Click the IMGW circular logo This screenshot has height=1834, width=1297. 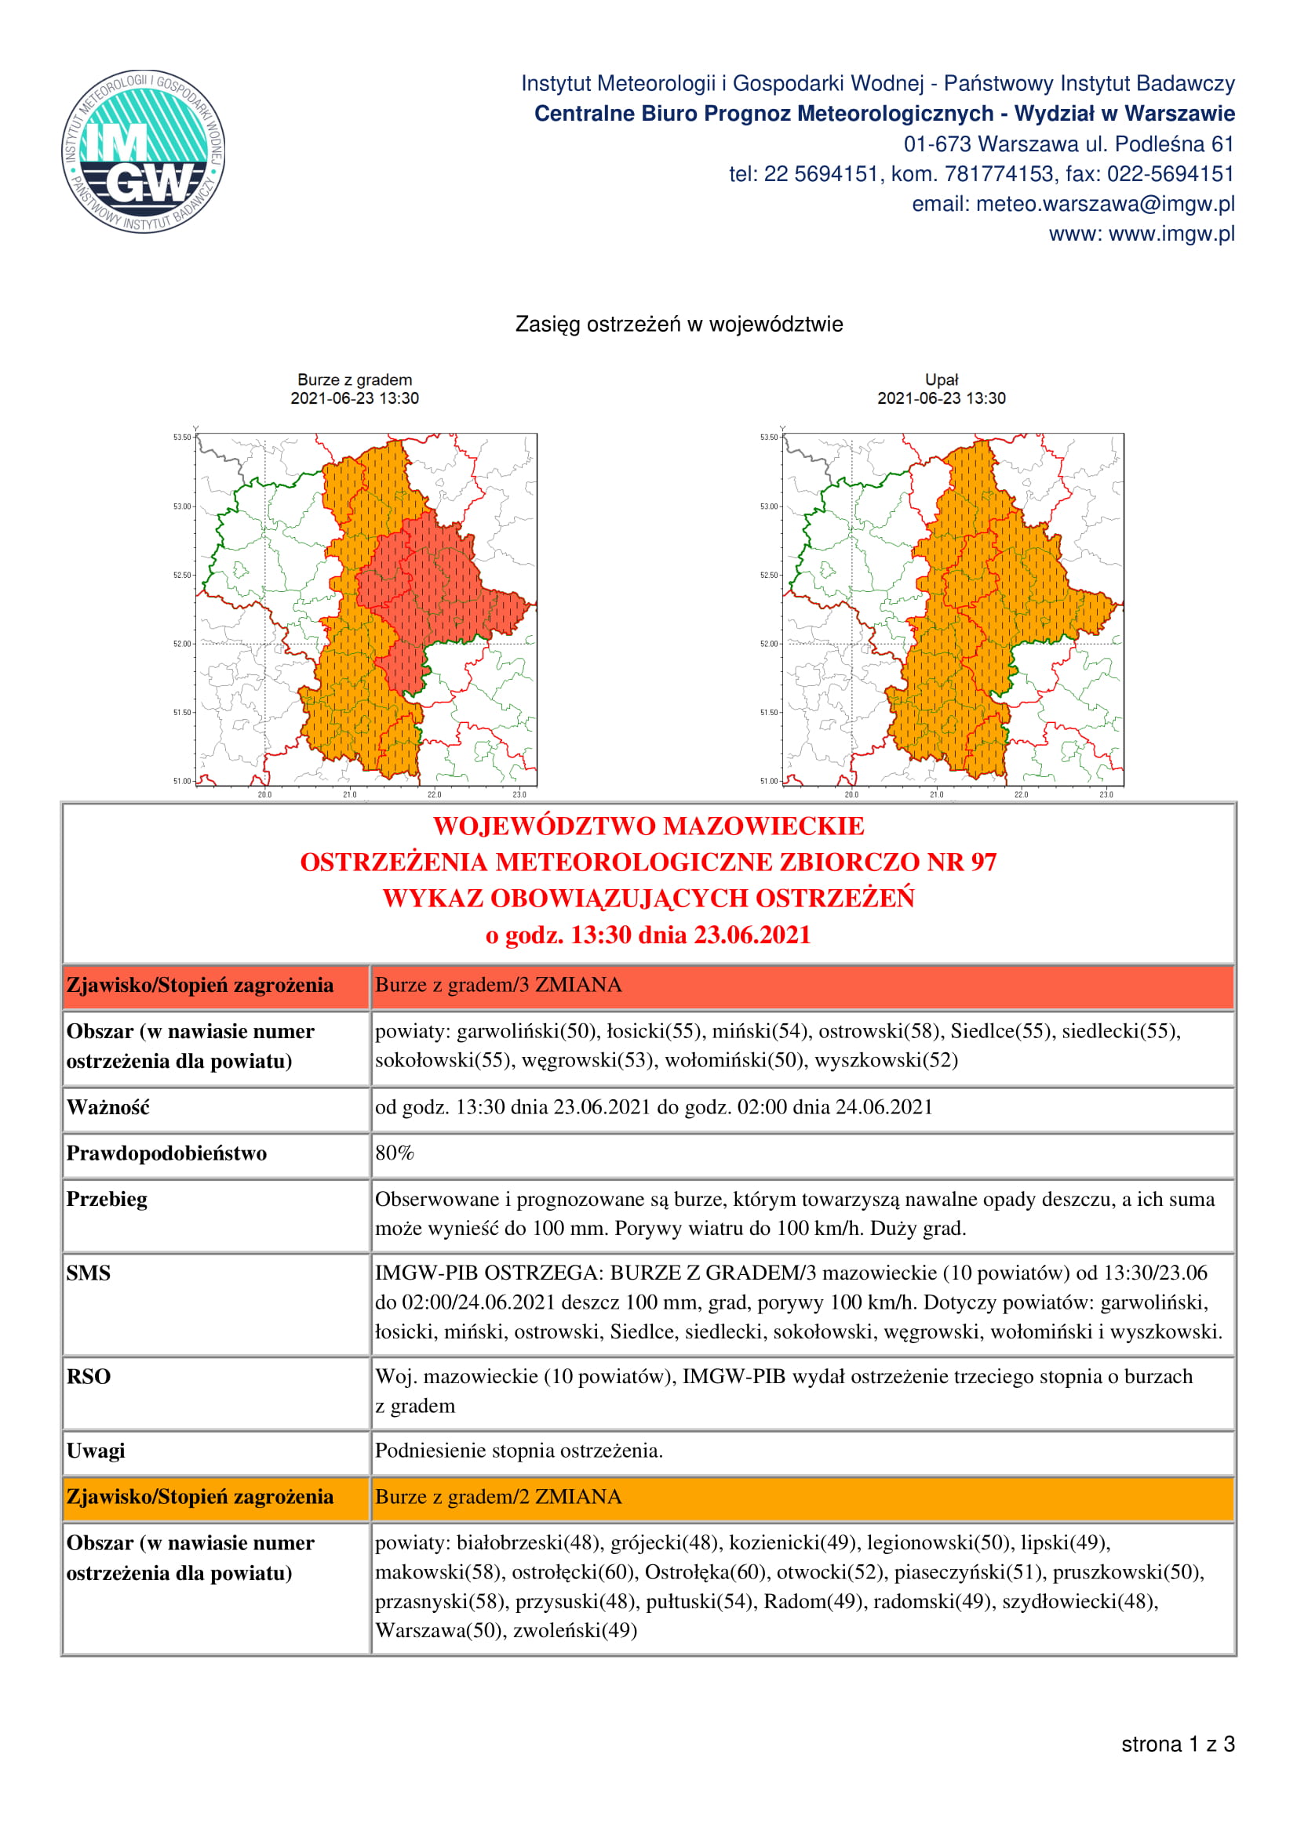[143, 151]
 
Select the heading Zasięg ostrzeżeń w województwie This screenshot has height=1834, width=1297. [679, 325]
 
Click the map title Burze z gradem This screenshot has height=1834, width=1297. [355, 380]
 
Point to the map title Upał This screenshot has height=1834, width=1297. [941, 380]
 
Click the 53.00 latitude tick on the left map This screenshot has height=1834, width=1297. [183, 507]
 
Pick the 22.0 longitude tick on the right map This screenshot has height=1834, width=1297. [1021, 794]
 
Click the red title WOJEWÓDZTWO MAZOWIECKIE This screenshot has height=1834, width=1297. [648, 826]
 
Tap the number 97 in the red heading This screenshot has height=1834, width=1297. [983, 863]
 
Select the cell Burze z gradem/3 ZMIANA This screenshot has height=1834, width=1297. [498, 985]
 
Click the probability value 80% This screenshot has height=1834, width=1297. [395, 1153]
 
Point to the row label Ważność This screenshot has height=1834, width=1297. [107, 1107]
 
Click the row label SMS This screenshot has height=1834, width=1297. [88, 1273]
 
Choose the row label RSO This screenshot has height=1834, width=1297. [88, 1376]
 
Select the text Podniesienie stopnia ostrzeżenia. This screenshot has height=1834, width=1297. [519, 1451]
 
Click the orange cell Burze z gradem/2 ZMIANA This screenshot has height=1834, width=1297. [498, 1496]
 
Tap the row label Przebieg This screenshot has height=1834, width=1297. [106, 1199]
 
